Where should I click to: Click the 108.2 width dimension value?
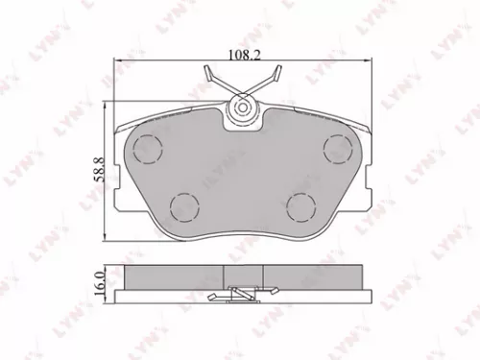[x=240, y=55]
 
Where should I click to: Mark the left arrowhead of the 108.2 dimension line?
[x=117, y=62]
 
